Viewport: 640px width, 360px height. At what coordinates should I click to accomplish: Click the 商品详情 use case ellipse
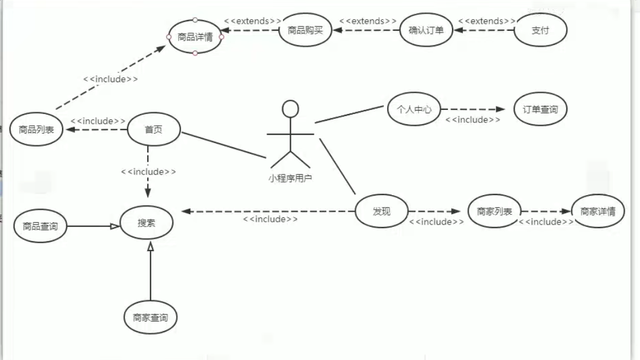tap(195, 37)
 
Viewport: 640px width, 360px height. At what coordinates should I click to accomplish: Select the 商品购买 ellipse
tap(305, 30)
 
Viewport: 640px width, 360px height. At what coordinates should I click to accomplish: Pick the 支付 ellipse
tap(540, 30)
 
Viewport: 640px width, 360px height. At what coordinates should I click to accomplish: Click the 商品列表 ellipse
tap(36, 129)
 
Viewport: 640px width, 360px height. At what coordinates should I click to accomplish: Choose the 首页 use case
tap(154, 129)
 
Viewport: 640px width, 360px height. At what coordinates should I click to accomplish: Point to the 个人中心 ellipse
tap(414, 109)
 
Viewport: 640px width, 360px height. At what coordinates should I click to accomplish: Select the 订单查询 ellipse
tap(540, 109)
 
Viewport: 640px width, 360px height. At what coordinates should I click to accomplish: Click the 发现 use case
tap(382, 211)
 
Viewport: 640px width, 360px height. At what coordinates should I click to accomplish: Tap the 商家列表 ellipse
tap(494, 211)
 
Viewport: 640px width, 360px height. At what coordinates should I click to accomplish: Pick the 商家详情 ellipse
tap(597, 211)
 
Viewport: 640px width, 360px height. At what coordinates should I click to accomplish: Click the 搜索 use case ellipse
tap(147, 223)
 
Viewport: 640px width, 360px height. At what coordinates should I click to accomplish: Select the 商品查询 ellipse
tap(40, 225)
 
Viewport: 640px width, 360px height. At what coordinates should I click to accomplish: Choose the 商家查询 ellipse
tap(150, 317)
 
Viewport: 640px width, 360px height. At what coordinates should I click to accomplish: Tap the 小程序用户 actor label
tap(290, 177)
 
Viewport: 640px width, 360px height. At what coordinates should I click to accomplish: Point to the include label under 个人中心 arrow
tap(473, 120)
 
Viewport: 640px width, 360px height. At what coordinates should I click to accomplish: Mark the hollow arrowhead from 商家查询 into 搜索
tap(151, 247)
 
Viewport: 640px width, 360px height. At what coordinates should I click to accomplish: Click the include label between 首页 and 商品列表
tap(98, 121)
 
